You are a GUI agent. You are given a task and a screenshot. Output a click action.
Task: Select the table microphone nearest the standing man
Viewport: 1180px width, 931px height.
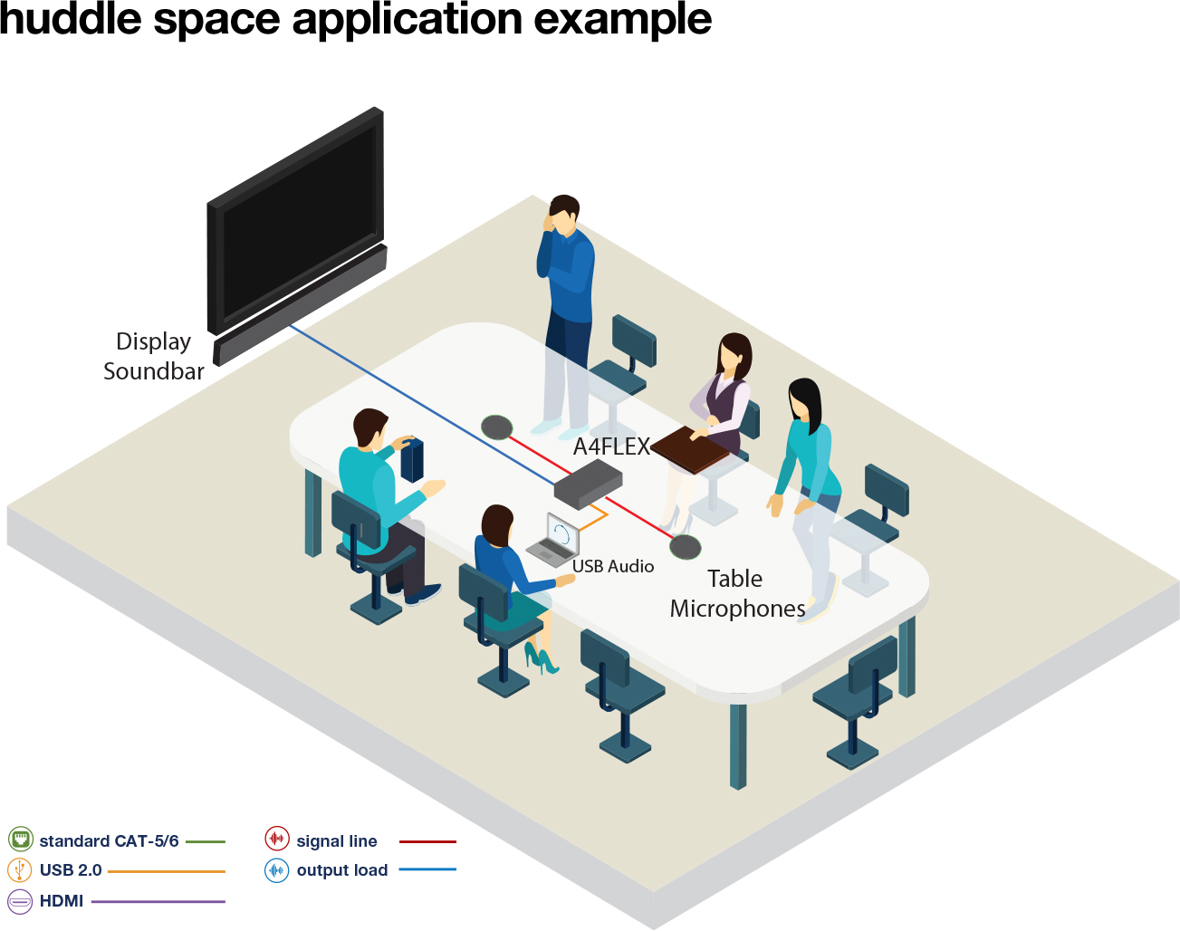point(496,427)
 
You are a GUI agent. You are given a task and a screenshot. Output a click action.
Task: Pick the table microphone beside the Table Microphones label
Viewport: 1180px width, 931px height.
point(686,547)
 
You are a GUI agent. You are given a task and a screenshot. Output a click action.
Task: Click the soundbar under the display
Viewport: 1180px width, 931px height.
point(299,304)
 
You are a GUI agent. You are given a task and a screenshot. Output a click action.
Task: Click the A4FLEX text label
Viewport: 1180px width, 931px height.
point(611,446)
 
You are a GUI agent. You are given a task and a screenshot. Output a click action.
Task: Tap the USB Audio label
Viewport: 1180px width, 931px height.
point(613,566)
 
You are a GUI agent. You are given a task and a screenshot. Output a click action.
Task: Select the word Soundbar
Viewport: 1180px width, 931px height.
point(154,371)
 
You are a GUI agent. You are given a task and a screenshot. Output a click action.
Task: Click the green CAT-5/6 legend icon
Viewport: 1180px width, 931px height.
point(20,840)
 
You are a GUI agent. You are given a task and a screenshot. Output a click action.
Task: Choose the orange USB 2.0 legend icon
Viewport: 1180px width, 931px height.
point(20,870)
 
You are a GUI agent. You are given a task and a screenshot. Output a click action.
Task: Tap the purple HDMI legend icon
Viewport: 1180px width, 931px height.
point(20,901)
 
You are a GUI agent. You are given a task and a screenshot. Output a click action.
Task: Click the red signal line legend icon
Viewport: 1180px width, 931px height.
point(276,840)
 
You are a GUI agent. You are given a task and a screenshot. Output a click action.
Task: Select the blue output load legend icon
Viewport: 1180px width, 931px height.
point(276,870)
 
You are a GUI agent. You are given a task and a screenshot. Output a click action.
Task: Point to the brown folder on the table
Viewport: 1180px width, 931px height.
point(691,449)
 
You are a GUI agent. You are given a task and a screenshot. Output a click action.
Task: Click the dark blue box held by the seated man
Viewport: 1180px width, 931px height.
point(412,459)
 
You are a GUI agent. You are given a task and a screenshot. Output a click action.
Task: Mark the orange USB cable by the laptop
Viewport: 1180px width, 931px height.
point(593,520)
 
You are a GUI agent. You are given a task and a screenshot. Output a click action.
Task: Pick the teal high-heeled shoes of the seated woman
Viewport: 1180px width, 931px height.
point(541,659)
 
